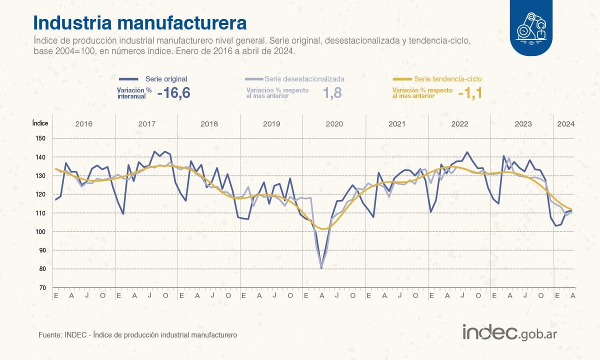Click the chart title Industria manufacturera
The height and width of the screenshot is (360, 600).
coord(139,23)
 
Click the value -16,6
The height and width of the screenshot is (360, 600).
coord(174,92)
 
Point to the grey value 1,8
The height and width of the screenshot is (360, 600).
coord(332,92)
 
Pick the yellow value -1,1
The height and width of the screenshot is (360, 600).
coord(469,92)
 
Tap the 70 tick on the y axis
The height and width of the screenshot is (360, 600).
coord(42,288)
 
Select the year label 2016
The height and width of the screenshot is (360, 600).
coord(83,123)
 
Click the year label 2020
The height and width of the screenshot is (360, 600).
coord(334,123)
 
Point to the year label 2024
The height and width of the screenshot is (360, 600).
coord(565,123)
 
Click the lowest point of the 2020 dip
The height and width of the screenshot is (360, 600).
coord(321,268)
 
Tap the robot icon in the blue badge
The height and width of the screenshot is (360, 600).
coord(531,27)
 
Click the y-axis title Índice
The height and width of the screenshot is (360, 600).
coord(40,123)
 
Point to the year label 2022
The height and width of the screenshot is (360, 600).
coord(459,123)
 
